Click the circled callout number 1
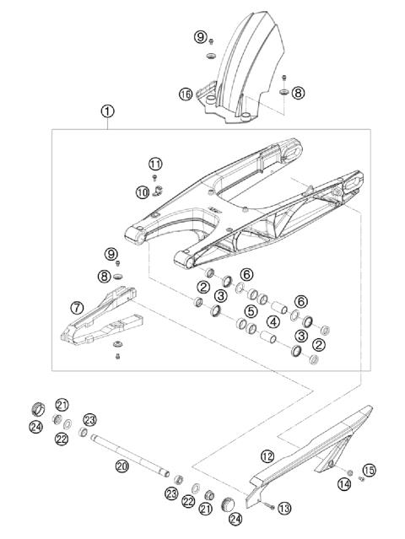[x=107, y=110]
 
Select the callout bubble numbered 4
[x=273, y=321]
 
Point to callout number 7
[x=77, y=308]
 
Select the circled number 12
[x=267, y=456]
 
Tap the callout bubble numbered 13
[x=283, y=508]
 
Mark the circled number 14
[x=343, y=483]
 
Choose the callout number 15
[x=367, y=469]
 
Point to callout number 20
[x=121, y=465]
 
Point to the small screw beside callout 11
[x=156, y=177]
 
